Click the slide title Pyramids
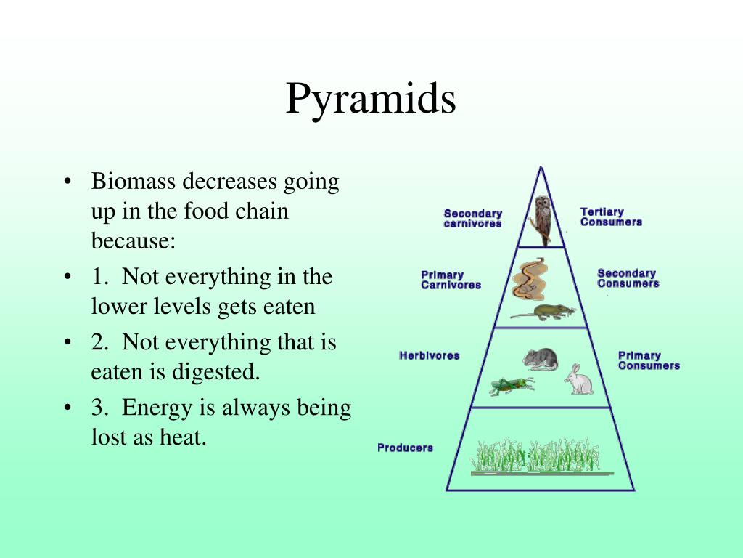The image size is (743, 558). (x=371, y=99)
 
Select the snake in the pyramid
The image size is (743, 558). (x=530, y=279)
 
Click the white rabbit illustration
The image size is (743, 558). (x=578, y=379)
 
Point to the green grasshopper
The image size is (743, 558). (x=512, y=385)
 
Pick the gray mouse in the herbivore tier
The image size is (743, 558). (x=540, y=359)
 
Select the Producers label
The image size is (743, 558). (x=405, y=448)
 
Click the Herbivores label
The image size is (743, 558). (x=430, y=355)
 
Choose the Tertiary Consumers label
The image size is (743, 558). (x=611, y=217)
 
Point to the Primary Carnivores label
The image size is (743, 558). (x=451, y=280)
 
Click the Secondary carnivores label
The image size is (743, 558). (x=473, y=218)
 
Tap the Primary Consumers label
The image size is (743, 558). (x=649, y=360)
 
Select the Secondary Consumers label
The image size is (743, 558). (x=628, y=278)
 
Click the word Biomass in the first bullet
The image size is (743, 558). (x=134, y=181)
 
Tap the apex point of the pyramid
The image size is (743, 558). (x=541, y=167)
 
